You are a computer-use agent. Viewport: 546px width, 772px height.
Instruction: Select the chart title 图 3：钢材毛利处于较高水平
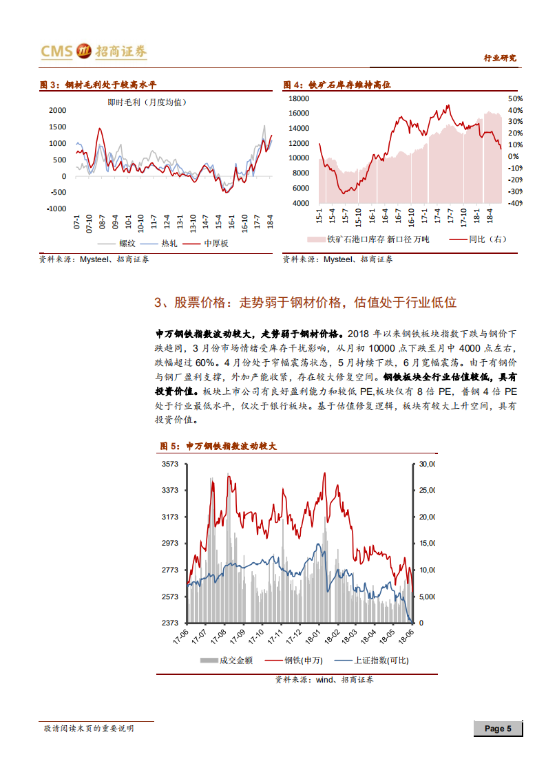tap(98, 85)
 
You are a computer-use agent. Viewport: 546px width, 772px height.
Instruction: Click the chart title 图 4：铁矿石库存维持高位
tap(337, 85)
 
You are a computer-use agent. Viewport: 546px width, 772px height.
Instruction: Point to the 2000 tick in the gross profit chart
tap(58, 110)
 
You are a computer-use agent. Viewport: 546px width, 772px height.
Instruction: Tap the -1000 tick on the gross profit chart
tap(56, 208)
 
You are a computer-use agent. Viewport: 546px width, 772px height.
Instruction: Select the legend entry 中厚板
tap(215, 244)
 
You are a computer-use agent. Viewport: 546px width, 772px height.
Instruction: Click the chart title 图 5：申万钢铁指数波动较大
tap(218, 447)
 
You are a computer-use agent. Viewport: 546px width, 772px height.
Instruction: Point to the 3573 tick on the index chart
tap(170, 464)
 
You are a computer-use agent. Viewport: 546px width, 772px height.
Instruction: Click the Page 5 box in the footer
tap(497, 729)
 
